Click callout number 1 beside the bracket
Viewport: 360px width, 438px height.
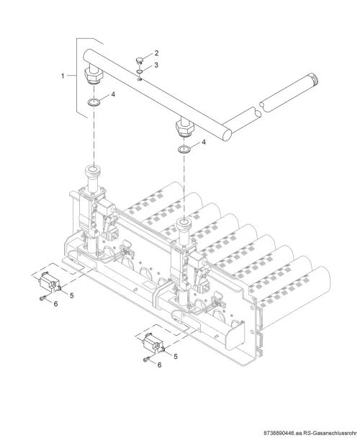63,76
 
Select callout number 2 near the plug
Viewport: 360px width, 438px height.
156,53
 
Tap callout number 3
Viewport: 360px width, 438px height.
156,65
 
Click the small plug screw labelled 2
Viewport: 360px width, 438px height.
139,60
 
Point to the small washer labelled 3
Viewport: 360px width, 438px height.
140,72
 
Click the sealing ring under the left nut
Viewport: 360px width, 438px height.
94,102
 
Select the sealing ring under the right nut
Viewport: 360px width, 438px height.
184,149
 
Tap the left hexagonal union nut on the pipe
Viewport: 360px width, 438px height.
94,75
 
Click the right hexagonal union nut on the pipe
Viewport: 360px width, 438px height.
184,127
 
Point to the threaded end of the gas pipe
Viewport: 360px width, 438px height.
313,79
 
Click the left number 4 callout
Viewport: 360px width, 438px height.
113,94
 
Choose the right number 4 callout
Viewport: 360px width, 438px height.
204,142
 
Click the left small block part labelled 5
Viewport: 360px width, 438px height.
50,282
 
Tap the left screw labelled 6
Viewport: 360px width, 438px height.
42,298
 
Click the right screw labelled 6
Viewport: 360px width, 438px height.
146,360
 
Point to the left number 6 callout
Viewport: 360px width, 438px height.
55,303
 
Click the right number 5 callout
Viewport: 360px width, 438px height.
176,357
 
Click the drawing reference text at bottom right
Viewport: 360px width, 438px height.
310,433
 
